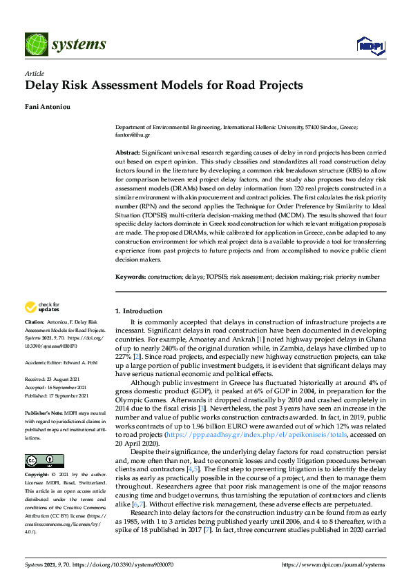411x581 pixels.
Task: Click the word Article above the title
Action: click(34, 73)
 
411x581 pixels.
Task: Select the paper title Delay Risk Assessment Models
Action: click(164, 86)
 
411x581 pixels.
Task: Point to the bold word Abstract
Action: click(128, 151)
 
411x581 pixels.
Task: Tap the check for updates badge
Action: click(42, 307)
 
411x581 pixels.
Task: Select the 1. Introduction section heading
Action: click(139, 311)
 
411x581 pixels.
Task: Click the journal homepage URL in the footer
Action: click(333, 564)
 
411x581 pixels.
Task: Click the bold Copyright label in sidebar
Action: click(37, 456)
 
